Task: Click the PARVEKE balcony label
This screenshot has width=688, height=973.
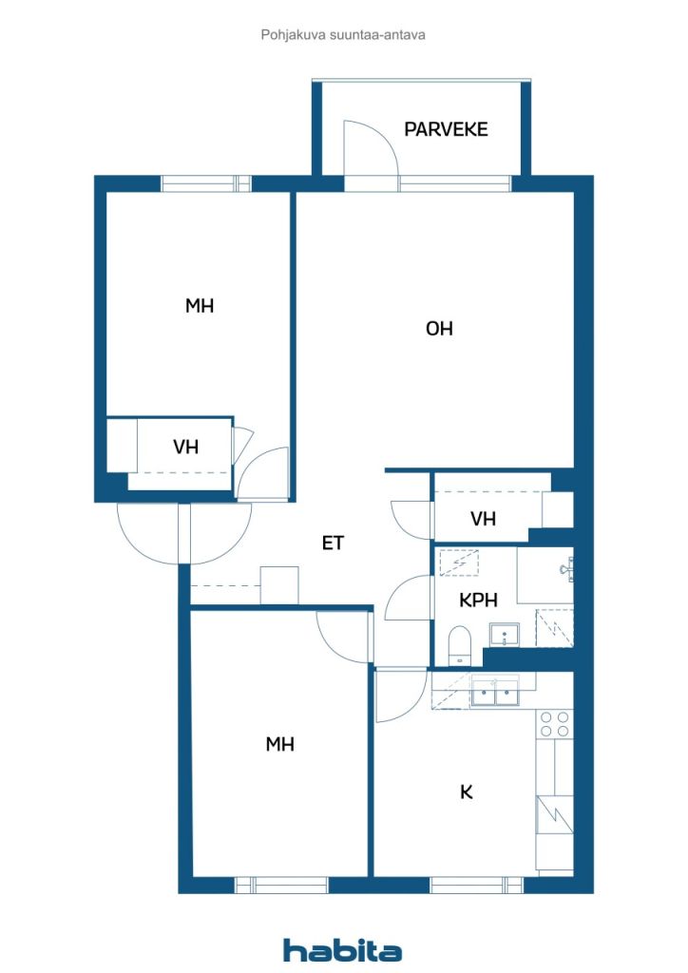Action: click(446, 129)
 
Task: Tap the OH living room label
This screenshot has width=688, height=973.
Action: click(439, 328)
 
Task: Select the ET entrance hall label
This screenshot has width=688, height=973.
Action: click(333, 543)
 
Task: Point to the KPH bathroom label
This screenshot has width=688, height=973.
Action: click(478, 601)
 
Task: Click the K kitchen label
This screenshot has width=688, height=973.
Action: click(466, 792)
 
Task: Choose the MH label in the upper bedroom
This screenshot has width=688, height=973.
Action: click(200, 305)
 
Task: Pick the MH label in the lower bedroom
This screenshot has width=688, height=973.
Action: click(279, 744)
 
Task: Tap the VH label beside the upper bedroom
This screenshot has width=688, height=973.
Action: click(185, 447)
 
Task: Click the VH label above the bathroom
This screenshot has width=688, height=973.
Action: click(483, 519)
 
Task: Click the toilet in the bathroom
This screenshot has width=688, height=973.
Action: click(460, 645)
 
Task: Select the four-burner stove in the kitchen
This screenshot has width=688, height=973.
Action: click(555, 724)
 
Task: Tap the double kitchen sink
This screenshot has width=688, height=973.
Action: click(495, 692)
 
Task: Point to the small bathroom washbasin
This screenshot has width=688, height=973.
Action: click(504, 635)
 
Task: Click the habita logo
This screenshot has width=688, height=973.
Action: click(342, 950)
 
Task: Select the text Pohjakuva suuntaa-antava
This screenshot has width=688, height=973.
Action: click(343, 35)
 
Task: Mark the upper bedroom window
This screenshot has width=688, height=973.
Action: click(206, 183)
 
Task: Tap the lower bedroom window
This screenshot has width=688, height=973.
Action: click(281, 885)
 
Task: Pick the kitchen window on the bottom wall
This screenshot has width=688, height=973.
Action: click(476, 885)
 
